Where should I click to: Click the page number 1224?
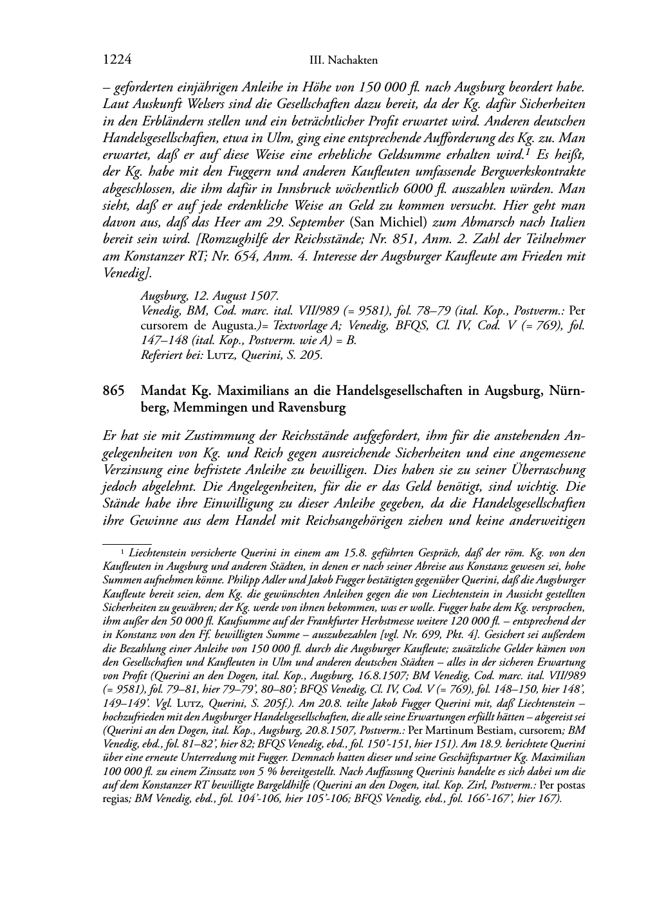[117, 60]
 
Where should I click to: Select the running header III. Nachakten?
[343, 60]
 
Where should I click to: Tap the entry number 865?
[113, 391]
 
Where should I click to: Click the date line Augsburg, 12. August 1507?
[210, 296]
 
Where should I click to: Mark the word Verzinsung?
[133, 470]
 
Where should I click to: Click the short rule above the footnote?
[127, 543]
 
